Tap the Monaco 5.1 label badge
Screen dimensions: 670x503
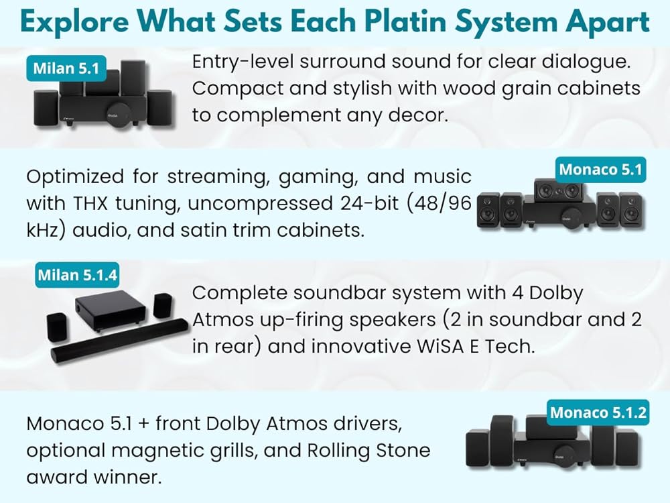click(x=600, y=170)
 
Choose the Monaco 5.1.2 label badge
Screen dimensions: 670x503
click(x=598, y=412)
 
